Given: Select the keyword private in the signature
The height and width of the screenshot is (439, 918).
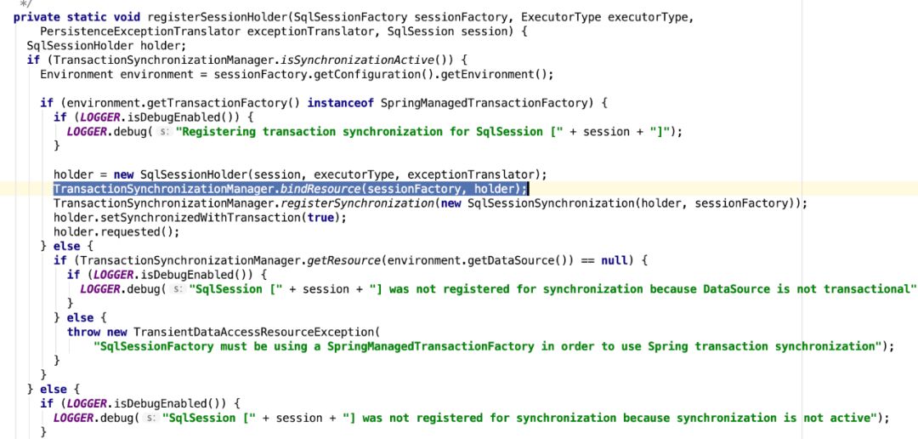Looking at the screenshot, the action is click(36, 17).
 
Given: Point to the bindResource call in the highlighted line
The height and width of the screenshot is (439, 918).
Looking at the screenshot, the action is click(318, 189).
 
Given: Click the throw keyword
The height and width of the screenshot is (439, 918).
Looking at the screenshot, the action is click(83, 332).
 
